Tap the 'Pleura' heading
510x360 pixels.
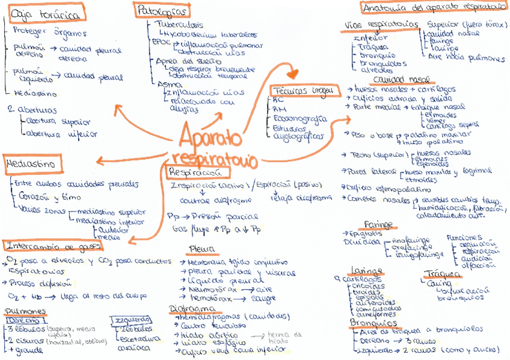click(200, 249)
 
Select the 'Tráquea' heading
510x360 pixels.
click(443, 273)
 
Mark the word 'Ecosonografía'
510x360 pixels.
click(300, 118)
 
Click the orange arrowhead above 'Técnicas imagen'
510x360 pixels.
click(293, 74)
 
